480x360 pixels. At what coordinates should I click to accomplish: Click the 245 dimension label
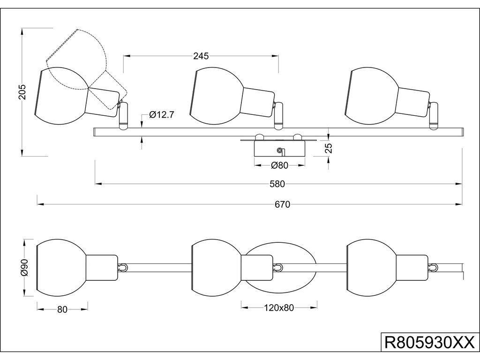point(201,56)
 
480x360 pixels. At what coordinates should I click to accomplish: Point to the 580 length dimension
point(277,184)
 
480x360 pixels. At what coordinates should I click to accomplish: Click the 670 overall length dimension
point(283,204)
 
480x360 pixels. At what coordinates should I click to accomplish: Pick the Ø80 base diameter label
point(279,165)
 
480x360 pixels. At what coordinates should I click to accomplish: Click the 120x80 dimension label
point(279,308)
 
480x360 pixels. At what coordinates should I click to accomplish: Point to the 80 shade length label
point(62,309)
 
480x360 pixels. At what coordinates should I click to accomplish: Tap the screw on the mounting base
point(280,150)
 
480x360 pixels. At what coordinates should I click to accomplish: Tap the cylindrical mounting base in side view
point(279,149)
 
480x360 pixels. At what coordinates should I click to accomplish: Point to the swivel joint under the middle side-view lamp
point(278,115)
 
